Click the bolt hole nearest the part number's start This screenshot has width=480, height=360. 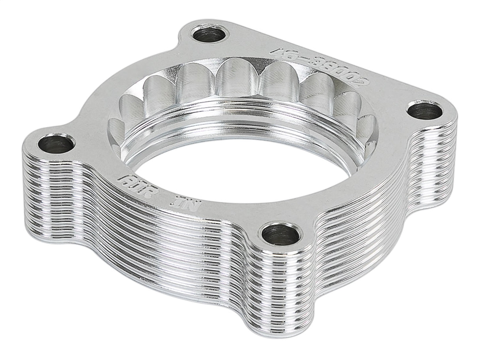coord(210,34)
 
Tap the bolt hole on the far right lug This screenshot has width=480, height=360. coord(425,111)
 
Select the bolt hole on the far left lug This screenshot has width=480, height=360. coord(56,144)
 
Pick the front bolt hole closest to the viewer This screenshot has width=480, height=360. coord(281,235)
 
